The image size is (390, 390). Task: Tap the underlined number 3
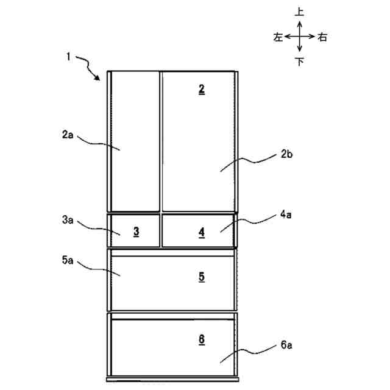point(136,231)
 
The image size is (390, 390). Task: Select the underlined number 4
point(202,232)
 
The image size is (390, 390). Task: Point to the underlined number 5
point(202,276)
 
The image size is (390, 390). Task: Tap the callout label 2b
point(288,155)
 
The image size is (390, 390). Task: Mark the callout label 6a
point(288,345)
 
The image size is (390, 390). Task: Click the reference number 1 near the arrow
point(69,57)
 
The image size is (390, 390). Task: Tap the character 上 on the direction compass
point(299,12)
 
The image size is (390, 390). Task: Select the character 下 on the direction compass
point(299,62)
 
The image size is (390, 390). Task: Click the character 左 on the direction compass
point(278,37)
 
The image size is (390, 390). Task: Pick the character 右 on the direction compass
point(322,37)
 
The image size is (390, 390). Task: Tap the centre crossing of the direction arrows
point(299,37)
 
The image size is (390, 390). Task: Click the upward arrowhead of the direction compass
point(299,22)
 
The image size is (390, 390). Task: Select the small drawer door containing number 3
point(134,230)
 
